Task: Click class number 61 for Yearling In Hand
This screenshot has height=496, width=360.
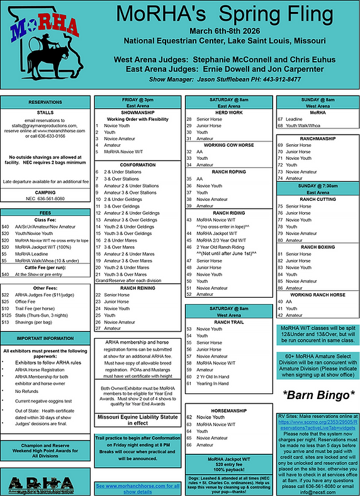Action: pos(189,383)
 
